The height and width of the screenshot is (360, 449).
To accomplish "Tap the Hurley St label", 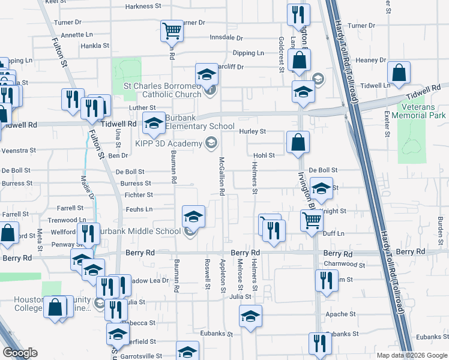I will (253, 131).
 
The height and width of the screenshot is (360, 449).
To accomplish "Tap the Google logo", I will (20, 353).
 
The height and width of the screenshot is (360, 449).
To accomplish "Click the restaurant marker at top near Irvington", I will (298, 15).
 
